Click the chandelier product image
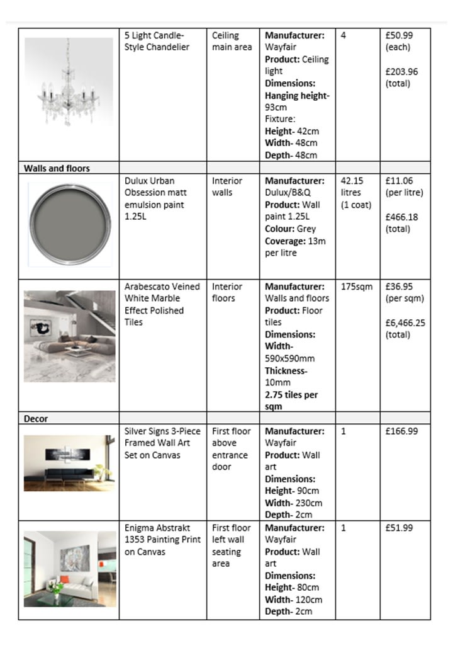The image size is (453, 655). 69,81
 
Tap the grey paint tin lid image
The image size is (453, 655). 69,223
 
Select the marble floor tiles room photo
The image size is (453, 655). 69,336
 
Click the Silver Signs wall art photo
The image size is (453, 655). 69,463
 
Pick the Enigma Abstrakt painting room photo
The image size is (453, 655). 69,568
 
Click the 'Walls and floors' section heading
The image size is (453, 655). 57,168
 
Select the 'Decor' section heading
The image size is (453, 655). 36,418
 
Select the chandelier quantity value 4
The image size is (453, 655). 344,36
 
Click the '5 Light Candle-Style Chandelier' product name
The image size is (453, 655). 157,42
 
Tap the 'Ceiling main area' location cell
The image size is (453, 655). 232,42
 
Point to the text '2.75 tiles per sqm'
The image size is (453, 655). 291,401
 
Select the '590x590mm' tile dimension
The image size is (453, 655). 289,358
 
